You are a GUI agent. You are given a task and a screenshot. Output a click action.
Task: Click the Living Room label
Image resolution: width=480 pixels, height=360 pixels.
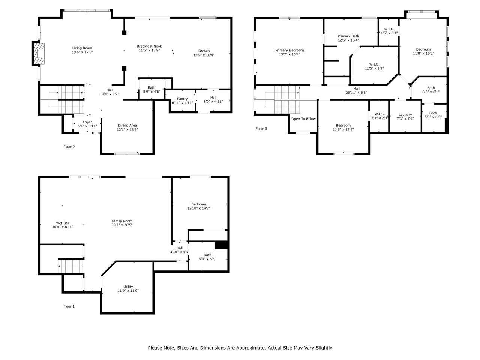[x=82, y=48]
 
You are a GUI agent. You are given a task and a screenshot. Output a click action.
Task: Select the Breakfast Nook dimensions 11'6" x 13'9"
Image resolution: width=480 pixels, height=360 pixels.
[x=149, y=50]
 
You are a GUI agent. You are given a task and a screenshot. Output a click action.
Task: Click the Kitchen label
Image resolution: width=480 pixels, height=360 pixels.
[x=204, y=51]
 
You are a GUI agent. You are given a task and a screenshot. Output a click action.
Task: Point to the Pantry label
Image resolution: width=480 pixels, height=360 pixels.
[x=182, y=99]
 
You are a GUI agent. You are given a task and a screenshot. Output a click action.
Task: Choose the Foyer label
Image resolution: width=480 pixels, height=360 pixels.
[x=87, y=122]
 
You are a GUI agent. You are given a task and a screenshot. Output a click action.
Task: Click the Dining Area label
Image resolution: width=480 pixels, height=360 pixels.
[x=127, y=126]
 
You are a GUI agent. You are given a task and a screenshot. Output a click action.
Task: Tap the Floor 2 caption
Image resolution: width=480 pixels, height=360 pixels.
[x=69, y=147]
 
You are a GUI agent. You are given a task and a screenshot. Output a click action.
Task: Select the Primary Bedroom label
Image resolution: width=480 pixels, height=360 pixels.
[x=289, y=50]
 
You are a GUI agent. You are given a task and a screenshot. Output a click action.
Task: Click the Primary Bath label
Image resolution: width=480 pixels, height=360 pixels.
[x=348, y=36]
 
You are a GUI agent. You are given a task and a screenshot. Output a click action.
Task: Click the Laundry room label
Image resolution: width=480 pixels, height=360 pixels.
[x=405, y=114]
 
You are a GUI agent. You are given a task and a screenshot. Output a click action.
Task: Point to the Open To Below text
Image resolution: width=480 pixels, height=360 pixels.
[x=303, y=119]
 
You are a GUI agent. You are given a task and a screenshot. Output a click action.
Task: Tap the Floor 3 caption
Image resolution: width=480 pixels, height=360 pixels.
[x=261, y=129]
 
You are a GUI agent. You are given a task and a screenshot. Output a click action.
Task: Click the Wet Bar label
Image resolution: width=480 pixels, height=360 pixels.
[x=63, y=223]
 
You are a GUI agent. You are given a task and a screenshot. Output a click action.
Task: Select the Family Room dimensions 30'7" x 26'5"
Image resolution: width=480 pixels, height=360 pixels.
[x=122, y=225]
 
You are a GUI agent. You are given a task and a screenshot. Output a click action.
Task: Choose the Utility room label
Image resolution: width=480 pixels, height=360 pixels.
[x=128, y=286]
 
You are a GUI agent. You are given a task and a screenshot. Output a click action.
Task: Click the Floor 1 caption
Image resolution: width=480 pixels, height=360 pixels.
[x=69, y=306]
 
